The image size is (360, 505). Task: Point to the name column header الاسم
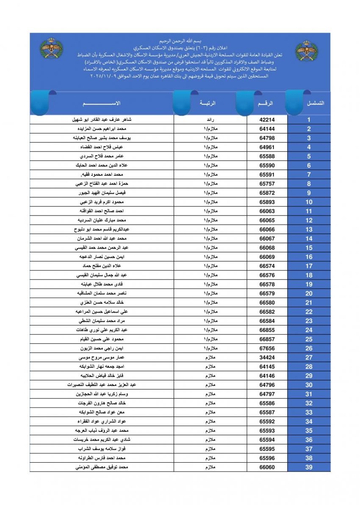coord(102,103)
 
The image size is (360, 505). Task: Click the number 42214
coord(267,120)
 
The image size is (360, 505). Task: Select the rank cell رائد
coord(210,120)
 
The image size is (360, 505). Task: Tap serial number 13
coord(309,230)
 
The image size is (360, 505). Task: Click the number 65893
coord(267,202)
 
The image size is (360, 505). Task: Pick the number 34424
coord(267,358)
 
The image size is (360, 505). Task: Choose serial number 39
coord(309,467)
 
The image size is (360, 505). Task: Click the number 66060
coord(267,467)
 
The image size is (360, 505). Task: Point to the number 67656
coord(267,348)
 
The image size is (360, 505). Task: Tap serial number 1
coord(309,120)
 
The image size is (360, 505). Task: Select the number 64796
coord(267,385)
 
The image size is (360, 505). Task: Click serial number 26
coord(309,348)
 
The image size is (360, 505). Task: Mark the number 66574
coord(267,266)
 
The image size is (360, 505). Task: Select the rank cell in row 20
coord(210,294)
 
